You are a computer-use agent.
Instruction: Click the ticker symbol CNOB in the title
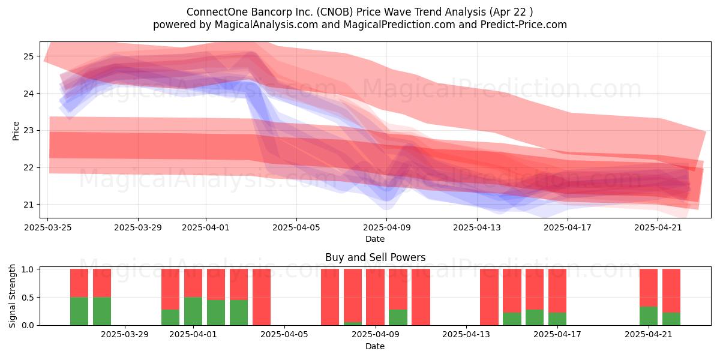click(335, 12)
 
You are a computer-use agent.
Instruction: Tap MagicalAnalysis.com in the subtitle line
click(266, 25)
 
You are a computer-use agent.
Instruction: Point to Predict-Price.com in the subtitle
click(524, 25)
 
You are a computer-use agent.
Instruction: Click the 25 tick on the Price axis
click(28, 56)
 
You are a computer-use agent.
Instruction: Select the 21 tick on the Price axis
click(28, 205)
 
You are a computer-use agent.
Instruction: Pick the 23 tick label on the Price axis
click(28, 131)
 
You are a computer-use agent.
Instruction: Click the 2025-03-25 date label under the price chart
click(48, 227)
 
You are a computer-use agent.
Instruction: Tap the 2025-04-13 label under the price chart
click(477, 227)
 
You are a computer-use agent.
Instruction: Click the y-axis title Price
click(16, 131)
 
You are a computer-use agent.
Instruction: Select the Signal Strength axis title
click(12, 296)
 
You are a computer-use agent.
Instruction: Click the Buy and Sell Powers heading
click(375, 257)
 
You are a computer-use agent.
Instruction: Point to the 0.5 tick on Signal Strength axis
click(28, 298)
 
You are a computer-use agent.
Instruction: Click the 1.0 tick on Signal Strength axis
click(28, 269)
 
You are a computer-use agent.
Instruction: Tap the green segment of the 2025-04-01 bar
click(193, 311)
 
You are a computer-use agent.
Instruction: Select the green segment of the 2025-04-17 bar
click(557, 319)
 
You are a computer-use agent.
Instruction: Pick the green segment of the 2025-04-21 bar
click(649, 316)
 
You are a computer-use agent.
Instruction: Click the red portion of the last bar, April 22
click(671, 290)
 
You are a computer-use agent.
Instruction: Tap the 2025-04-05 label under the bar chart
click(284, 335)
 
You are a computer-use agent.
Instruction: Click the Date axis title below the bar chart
click(375, 347)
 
